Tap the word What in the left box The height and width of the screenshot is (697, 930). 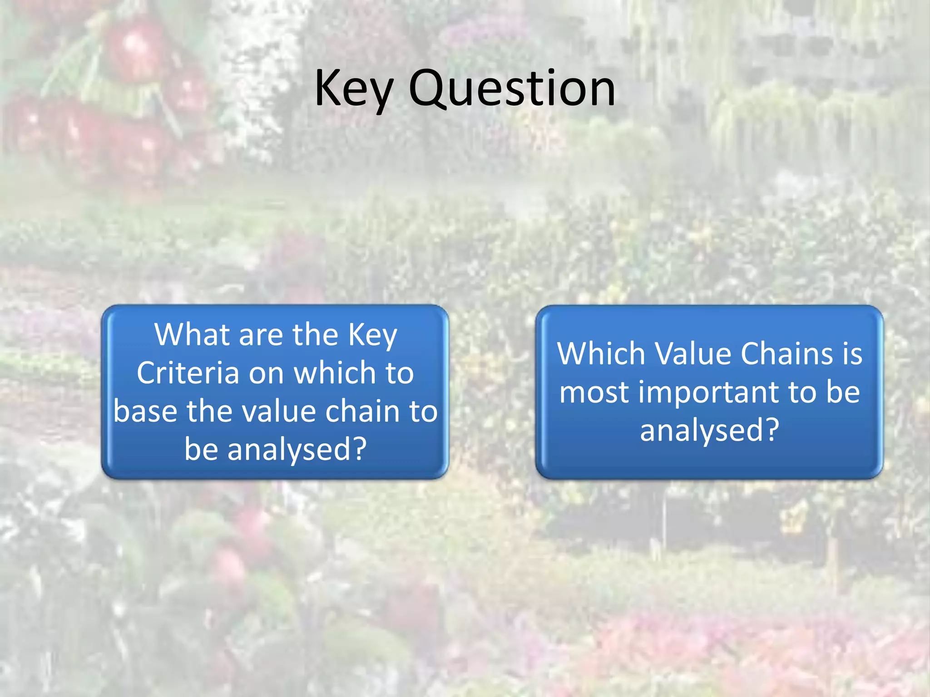click(193, 335)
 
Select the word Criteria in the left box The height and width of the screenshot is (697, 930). click(188, 373)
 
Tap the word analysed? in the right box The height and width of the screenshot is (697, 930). click(709, 430)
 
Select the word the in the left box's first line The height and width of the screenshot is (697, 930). click(315, 335)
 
